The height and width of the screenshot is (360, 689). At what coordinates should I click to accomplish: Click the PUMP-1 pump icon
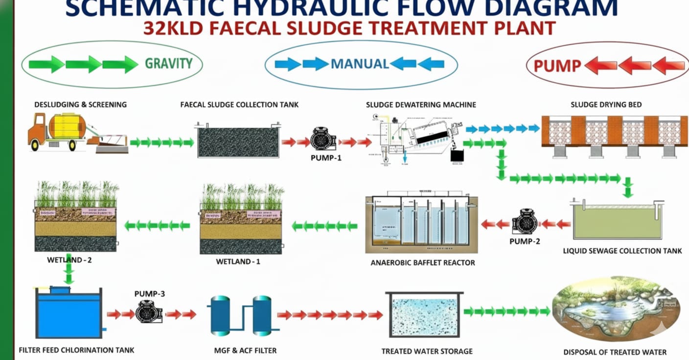tap(323, 140)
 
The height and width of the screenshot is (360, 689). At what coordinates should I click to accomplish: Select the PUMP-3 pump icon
tap(149, 312)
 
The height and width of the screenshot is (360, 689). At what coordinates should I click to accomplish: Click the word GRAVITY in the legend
tap(168, 63)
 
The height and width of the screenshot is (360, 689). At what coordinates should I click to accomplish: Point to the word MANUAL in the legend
tap(360, 64)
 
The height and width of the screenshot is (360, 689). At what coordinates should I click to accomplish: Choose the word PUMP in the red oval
tap(557, 66)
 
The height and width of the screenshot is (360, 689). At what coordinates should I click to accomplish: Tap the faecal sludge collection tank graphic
tap(239, 141)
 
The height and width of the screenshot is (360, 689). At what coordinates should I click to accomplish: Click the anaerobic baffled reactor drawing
tap(421, 223)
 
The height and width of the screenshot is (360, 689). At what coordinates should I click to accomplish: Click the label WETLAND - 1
tap(238, 262)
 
